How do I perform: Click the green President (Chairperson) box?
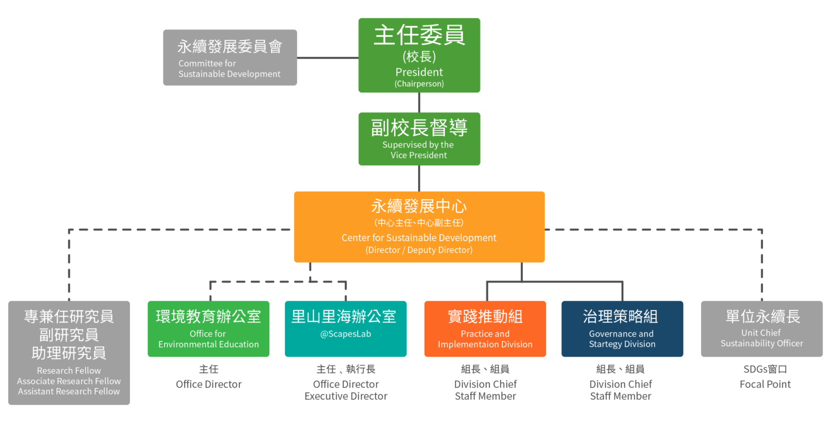coord(419,55)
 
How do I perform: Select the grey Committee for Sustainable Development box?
coord(230,58)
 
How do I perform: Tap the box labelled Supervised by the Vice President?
coord(419,139)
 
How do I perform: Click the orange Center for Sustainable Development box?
coord(419,227)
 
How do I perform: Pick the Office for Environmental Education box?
coord(208,329)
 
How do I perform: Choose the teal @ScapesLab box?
coord(345,329)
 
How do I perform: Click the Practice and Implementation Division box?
coord(485,329)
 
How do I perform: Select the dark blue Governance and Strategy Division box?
coord(622,329)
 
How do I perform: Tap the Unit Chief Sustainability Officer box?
coord(762,329)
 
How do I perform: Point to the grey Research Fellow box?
coord(69,353)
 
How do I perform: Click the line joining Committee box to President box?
coord(327,58)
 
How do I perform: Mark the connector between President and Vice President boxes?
coord(419,103)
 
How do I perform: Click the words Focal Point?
coord(765,384)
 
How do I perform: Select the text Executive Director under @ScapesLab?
coord(346,396)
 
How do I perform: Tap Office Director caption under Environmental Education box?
coord(208,384)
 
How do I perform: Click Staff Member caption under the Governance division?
coord(621,396)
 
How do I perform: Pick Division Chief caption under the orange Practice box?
coord(485,384)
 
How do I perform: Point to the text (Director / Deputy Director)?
coord(419,250)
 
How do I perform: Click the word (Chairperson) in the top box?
coord(419,84)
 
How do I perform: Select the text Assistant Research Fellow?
coord(69,391)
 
